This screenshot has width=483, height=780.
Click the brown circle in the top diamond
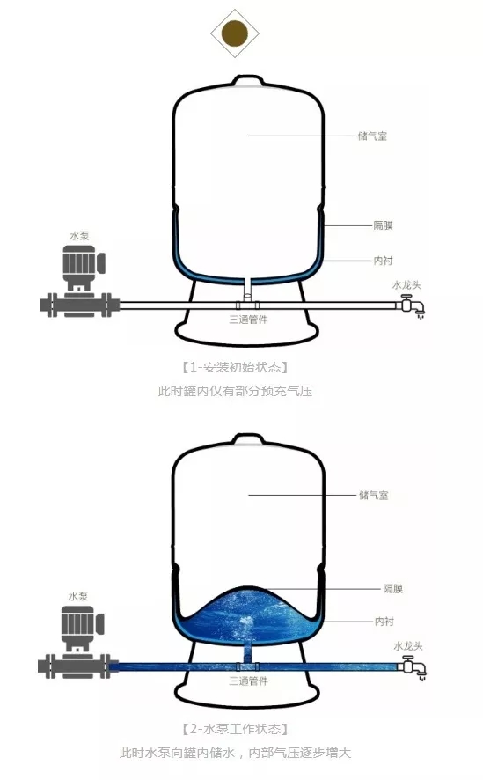pyautogui.click(x=235, y=33)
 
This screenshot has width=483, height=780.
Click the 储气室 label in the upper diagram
pyautogui.click(x=372, y=136)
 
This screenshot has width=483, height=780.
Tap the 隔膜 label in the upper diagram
pyautogui.click(x=383, y=225)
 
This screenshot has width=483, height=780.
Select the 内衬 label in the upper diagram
pyautogui.click(x=383, y=261)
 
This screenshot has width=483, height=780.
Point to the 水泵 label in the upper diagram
pyautogui.click(x=79, y=236)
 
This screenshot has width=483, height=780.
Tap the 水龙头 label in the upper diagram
pyautogui.click(x=406, y=285)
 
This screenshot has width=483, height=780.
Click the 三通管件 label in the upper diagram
pyautogui.click(x=248, y=320)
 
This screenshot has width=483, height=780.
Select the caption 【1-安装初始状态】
pyautogui.click(x=235, y=367)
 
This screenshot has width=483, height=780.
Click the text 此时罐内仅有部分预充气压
pyautogui.click(x=235, y=391)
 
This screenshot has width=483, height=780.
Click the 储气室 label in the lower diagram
pyautogui.click(x=373, y=495)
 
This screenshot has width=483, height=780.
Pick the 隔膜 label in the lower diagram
pyautogui.click(x=392, y=588)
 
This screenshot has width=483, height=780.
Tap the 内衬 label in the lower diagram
pyautogui.click(x=384, y=622)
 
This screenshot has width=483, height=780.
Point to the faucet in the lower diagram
pyautogui.click(x=413, y=666)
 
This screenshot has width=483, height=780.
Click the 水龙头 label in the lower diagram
pyautogui.click(x=408, y=646)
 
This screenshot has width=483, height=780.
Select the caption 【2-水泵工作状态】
pyautogui.click(x=235, y=729)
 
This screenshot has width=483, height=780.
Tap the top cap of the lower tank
pyautogui.click(x=248, y=438)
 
